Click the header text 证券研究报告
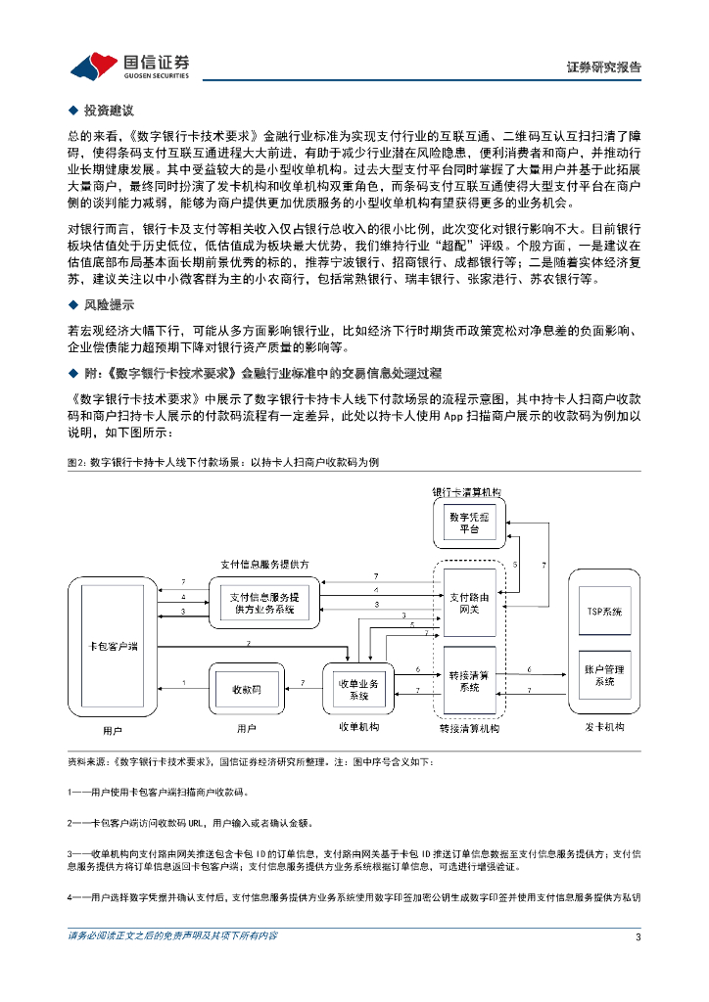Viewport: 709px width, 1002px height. pyautogui.click(x=604, y=68)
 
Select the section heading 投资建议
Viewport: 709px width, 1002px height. pyautogui.click(x=108, y=111)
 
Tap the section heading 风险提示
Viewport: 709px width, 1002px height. pyautogui.click(x=108, y=304)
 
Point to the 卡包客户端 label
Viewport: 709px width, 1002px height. pyautogui.click(x=113, y=646)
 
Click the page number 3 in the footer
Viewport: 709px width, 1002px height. pyautogui.click(x=638, y=935)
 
